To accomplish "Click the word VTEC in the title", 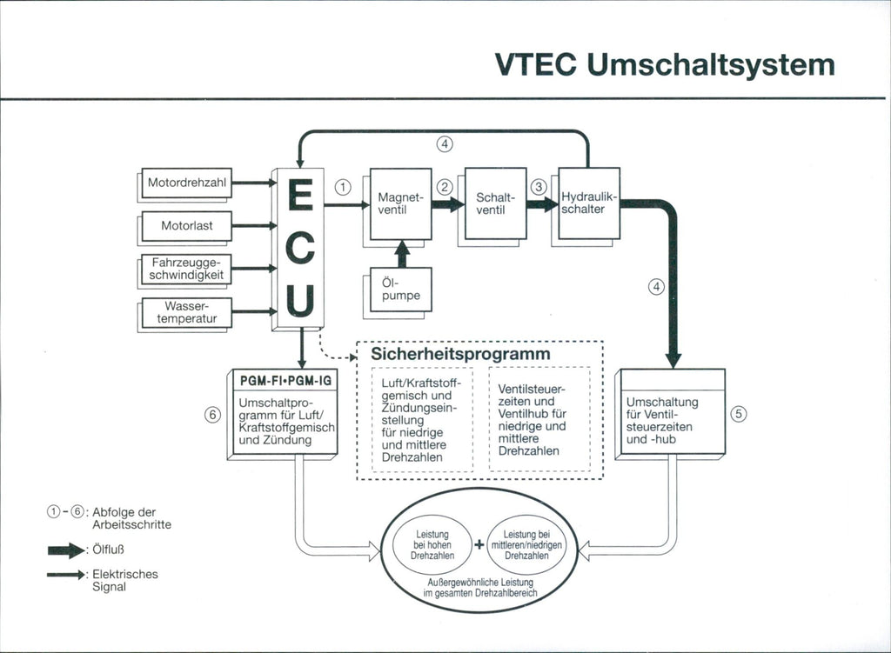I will coord(537,65).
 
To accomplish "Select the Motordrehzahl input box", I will coord(187,183).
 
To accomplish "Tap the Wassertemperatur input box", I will coord(187,312).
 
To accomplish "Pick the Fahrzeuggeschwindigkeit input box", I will coord(187,269).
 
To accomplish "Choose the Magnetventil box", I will coord(400,203).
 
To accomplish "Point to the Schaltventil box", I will coord(495,203).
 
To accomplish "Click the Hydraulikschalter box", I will coord(588,203).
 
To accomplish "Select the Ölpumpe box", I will coord(400,290).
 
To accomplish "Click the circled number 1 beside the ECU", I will coord(343,186).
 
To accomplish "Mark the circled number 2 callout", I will coord(445,186).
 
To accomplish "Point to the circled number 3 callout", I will coord(539,186).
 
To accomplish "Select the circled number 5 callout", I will coord(739,414).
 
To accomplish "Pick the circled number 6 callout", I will coord(212,415).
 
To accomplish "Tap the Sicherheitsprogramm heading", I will coord(460,355).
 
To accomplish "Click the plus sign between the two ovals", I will coord(479,546).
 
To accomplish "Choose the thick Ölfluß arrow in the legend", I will coord(65,550).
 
